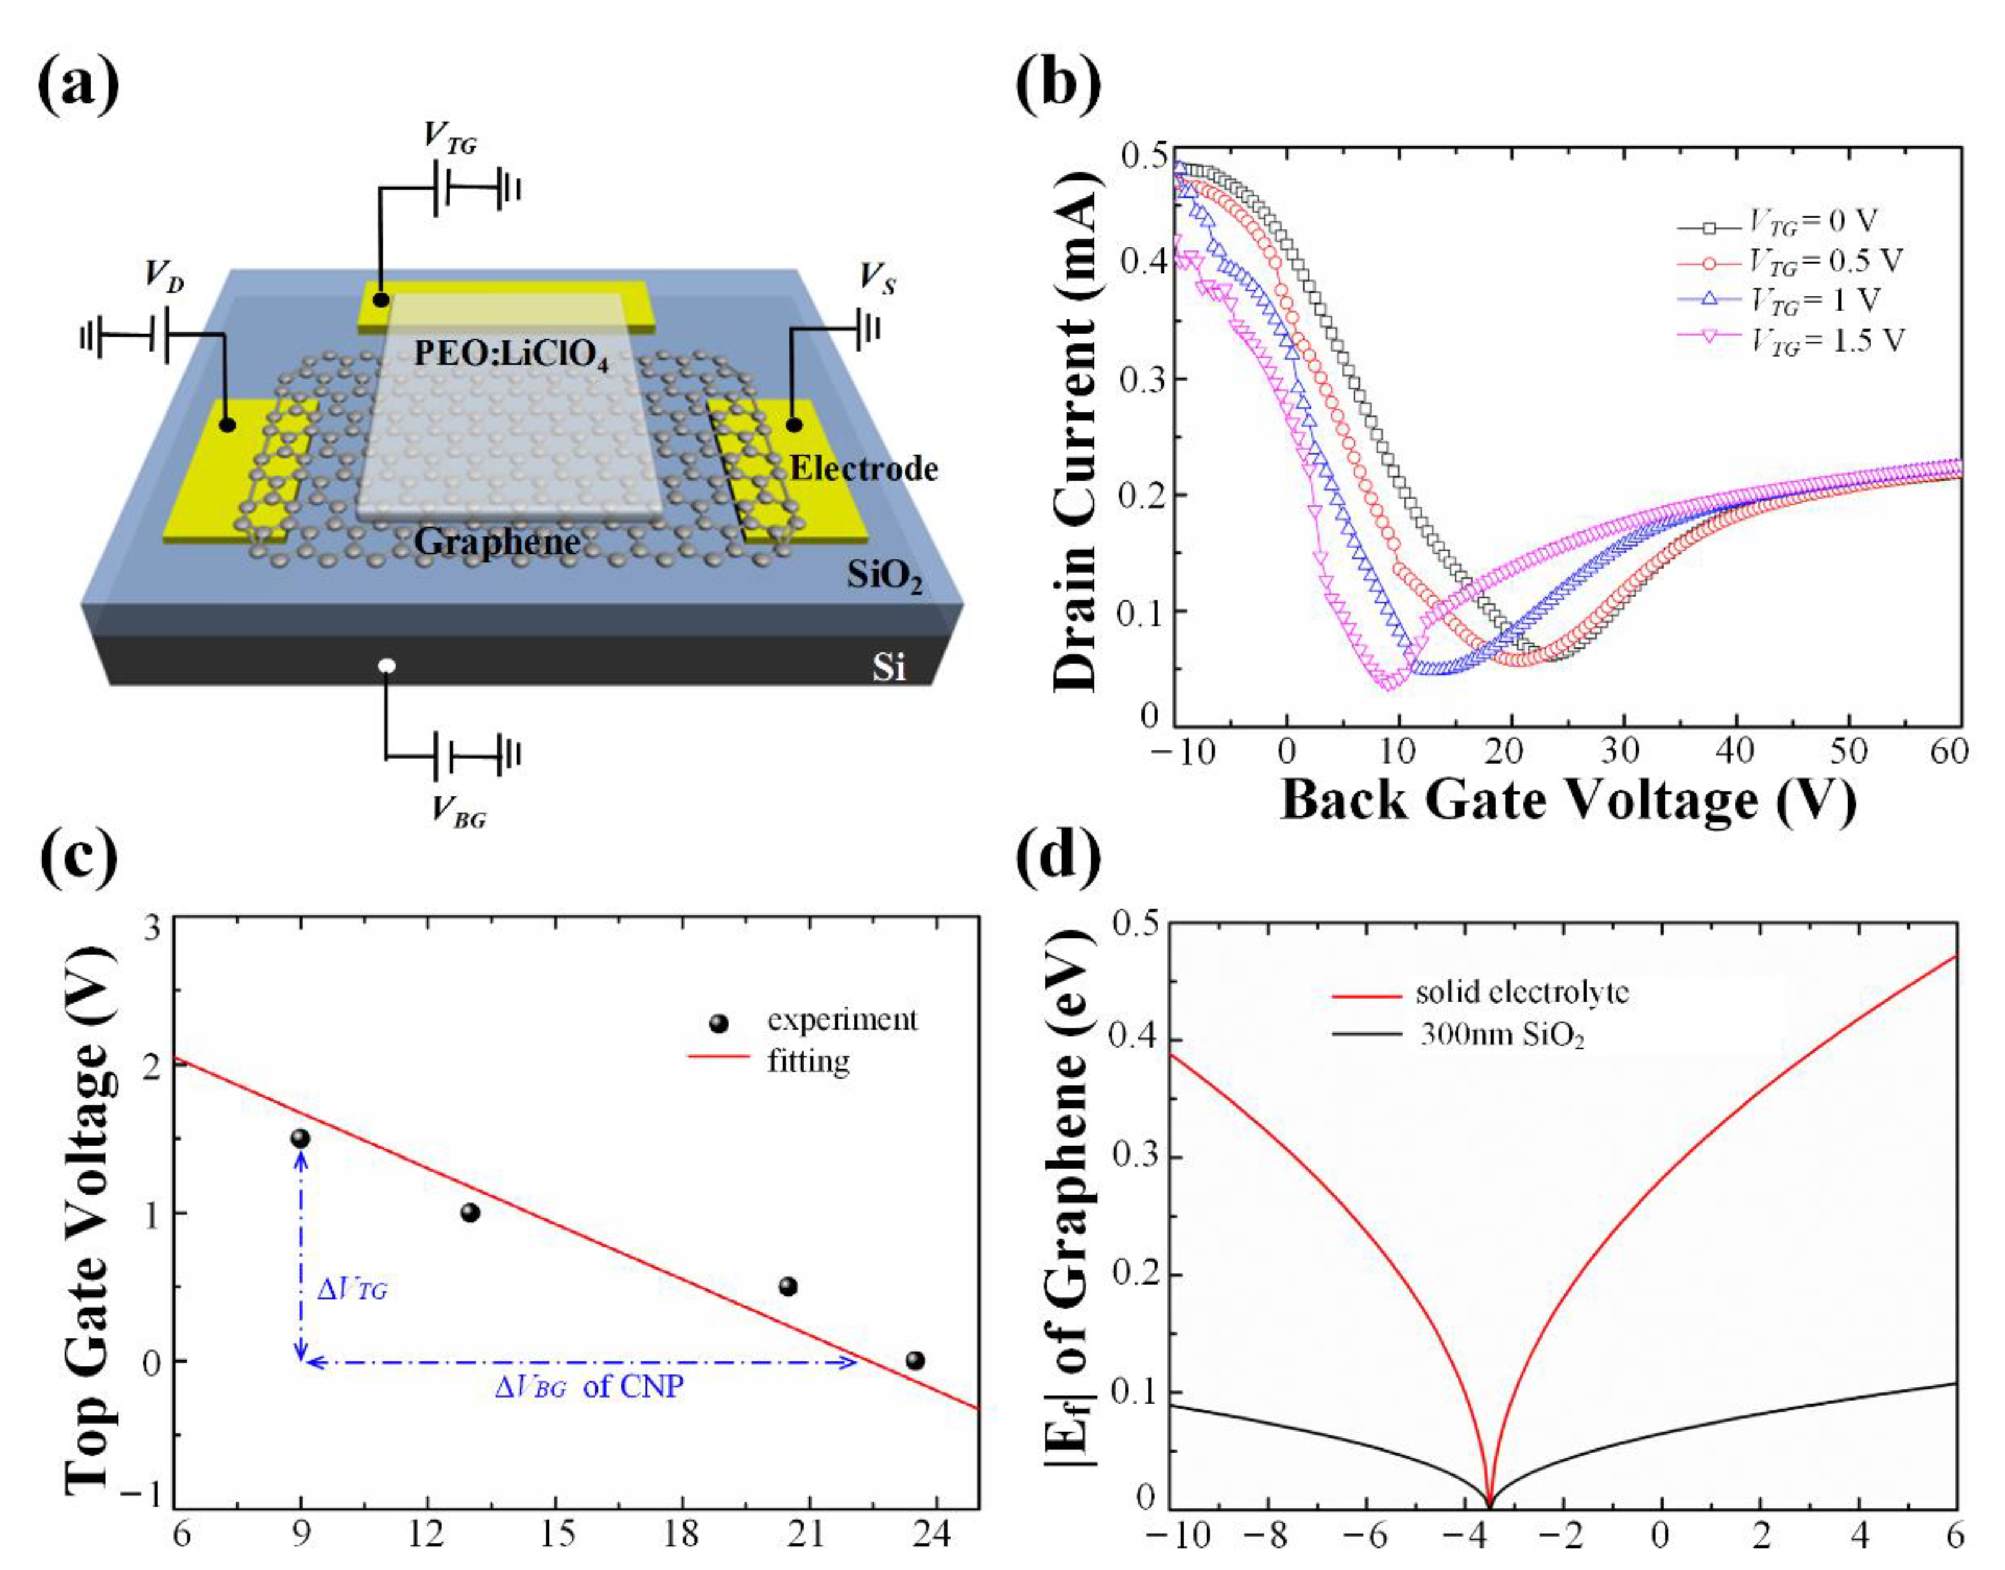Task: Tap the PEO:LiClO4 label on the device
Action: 511,354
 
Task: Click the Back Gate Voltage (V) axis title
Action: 1568,800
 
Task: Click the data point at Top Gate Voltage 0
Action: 914,1360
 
